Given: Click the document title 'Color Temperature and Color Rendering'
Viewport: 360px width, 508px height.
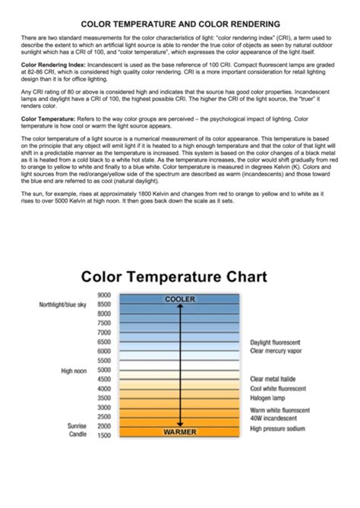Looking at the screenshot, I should click(180, 24).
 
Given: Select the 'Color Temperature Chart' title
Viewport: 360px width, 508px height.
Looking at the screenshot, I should click(174, 276).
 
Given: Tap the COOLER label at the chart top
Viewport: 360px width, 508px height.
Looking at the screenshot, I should click(180, 299).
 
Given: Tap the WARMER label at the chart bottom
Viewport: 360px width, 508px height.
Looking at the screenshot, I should click(180, 431).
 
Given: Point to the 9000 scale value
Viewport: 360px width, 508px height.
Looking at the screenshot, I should click(104, 295).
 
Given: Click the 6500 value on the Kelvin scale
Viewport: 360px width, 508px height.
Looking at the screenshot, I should click(104, 342).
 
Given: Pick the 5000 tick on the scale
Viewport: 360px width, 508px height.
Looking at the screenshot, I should click(104, 370).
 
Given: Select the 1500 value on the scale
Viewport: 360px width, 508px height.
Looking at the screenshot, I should click(104, 435).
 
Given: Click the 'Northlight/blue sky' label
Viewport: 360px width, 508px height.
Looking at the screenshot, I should click(63, 304).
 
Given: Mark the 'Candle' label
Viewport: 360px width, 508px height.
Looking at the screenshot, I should click(77, 435).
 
